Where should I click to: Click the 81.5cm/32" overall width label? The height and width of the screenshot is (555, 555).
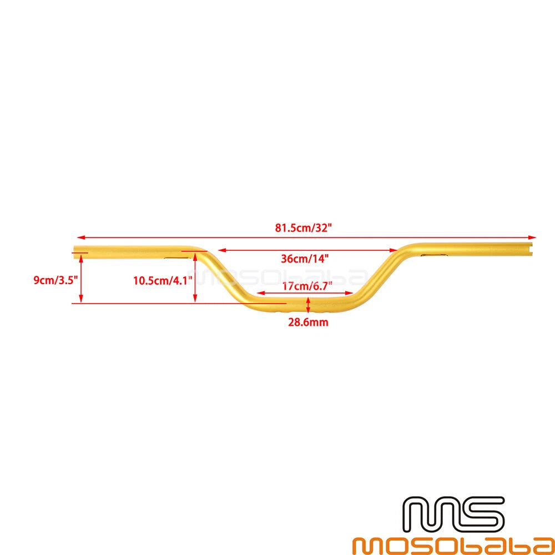[x=304, y=228]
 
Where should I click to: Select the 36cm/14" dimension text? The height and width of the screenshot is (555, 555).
[x=305, y=259]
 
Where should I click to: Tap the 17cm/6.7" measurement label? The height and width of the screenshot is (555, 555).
[x=307, y=286]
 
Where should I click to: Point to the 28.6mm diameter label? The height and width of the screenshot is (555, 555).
[x=308, y=322]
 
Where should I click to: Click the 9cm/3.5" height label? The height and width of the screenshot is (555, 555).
[x=56, y=280]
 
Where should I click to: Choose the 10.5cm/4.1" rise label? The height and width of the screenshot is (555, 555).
[x=163, y=281]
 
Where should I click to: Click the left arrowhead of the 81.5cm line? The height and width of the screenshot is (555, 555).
[x=81, y=238]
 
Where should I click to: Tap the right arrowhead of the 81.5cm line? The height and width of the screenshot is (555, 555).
[x=532, y=238]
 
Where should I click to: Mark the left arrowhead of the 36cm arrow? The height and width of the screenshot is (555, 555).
[x=223, y=250]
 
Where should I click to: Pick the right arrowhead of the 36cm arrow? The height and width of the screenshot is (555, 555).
[x=393, y=250]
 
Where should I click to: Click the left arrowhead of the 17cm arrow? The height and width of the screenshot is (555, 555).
[x=261, y=292]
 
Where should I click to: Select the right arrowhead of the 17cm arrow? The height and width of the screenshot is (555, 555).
[x=349, y=292]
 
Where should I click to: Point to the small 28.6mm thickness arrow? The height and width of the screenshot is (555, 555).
[x=308, y=305]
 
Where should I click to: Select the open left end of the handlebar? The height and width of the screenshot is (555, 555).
[x=75, y=252]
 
